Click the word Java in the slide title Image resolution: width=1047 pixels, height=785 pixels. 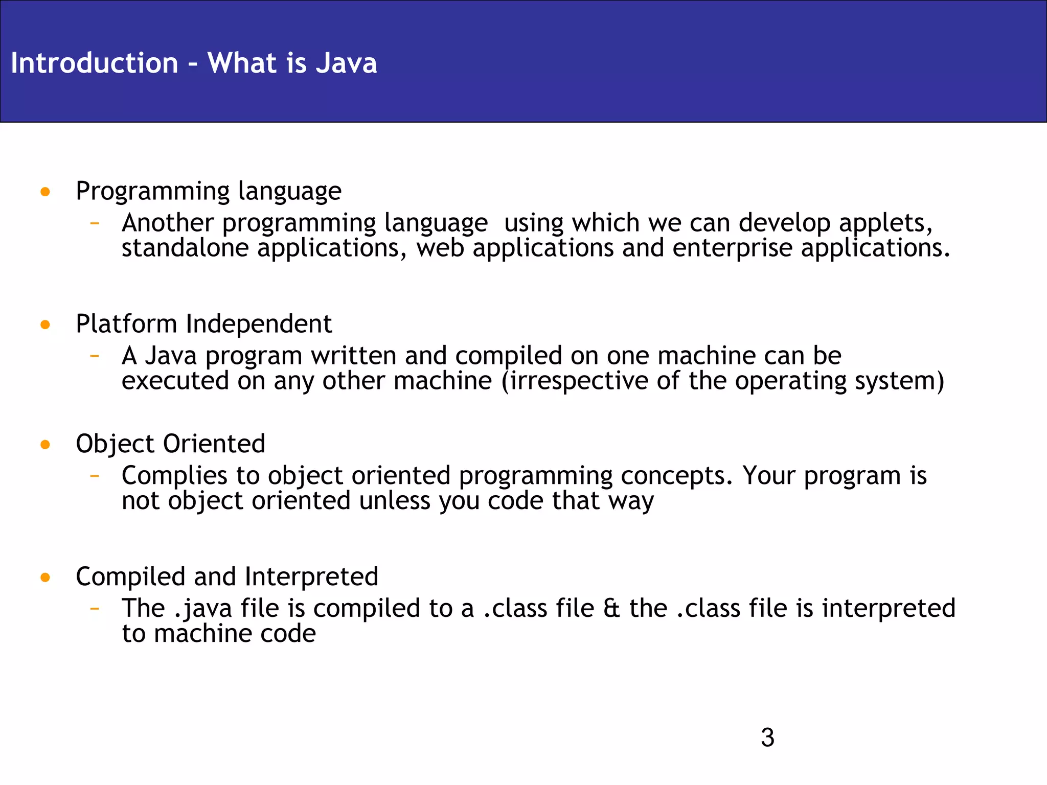[x=346, y=63]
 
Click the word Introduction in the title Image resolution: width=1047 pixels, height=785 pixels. [x=95, y=63]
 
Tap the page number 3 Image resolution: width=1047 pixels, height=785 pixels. [x=767, y=737]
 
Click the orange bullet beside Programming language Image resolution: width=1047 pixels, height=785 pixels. [x=45, y=192]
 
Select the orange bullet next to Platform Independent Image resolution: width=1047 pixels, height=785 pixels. [x=45, y=325]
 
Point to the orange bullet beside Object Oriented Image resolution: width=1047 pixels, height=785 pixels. [x=45, y=445]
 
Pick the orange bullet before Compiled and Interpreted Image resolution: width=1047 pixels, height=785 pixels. [x=45, y=578]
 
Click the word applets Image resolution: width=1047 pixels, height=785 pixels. [x=885, y=223]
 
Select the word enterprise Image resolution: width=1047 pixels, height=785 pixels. [x=732, y=248]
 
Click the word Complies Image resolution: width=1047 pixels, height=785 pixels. [x=174, y=476]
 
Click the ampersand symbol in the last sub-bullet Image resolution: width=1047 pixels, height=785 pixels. [x=611, y=609]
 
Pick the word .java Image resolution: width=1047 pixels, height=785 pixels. [x=203, y=609]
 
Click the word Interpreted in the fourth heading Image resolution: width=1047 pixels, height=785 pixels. [x=311, y=577]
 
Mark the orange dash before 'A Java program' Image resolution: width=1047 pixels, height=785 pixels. [x=94, y=356]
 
